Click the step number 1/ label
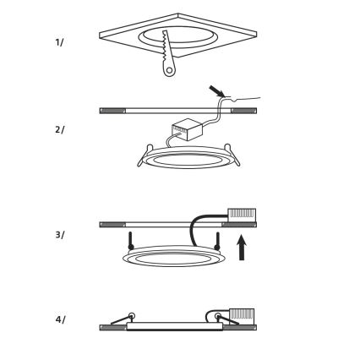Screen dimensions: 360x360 pyautogui.click(x=59, y=42)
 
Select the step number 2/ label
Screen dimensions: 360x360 pyautogui.click(x=59, y=130)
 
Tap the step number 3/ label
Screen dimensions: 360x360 pyautogui.click(x=59, y=235)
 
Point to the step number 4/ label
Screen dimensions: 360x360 pyautogui.click(x=60, y=319)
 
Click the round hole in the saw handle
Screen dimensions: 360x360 pyautogui.click(x=169, y=70)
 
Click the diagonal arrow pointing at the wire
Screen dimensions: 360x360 pyautogui.click(x=216, y=92)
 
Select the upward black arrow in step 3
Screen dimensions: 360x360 pyautogui.click(x=242, y=248)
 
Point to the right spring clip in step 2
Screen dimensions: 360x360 pyautogui.click(x=232, y=155)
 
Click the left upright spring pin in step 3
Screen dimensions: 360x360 pyautogui.click(x=130, y=241)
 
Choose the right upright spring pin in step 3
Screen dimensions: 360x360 pyautogui.click(x=217, y=241)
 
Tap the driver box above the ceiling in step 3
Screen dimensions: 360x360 pyautogui.click(x=242, y=214)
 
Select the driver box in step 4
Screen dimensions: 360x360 pyautogui.click(x=242, y=317)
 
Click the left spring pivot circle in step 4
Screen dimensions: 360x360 pyautogui.click(x=131, y=316)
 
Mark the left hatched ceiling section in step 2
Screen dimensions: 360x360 pyautogui.click(x=112, y=111)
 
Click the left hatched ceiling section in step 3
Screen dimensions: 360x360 pyautogui.click(x=112, y=225)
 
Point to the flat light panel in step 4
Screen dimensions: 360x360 pyautogui.click(x=175, y=326)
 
